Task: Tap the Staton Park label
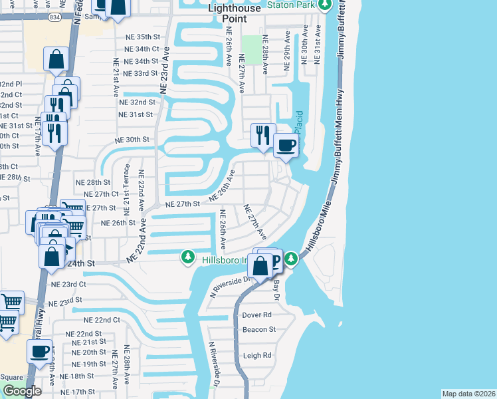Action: click(x=292, y=5)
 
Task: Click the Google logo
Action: click(x=22, y=391)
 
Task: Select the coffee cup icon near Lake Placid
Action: click(x=286, y=145)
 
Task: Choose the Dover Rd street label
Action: click(x=258, y=315)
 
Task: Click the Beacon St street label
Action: click(x=259, y=329)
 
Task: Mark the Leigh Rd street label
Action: click(x=258, y=355)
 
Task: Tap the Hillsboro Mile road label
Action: click(x=319, y=230)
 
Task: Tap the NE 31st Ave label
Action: click(x=318, y=45)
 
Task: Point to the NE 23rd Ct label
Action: click(x=68, y=284)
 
